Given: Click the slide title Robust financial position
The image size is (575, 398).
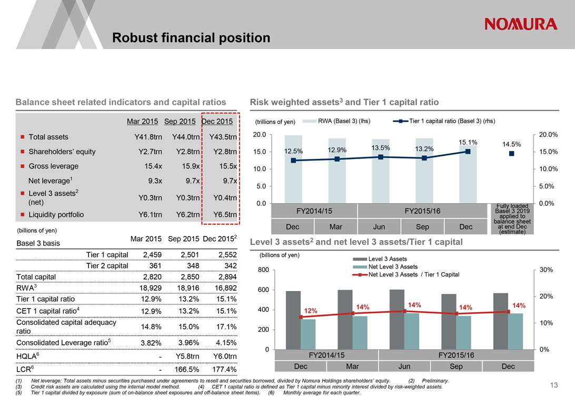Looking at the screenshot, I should point(191,38).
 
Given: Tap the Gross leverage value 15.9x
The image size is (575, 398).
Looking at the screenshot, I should point(189,166).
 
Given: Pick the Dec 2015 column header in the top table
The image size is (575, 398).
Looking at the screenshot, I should point(217,122).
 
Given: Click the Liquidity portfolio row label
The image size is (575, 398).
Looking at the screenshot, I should point(56,214).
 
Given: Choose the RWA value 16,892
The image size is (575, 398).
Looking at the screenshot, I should point(222,288).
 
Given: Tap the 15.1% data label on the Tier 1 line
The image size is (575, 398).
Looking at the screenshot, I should point(468,142).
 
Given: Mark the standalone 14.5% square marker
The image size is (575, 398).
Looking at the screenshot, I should point(511,154).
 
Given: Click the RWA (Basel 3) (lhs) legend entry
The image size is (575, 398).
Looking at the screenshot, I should point(344,121).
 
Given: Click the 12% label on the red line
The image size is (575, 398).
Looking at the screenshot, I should point(310,311).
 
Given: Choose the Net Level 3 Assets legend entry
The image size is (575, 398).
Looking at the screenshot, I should point(388,267).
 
